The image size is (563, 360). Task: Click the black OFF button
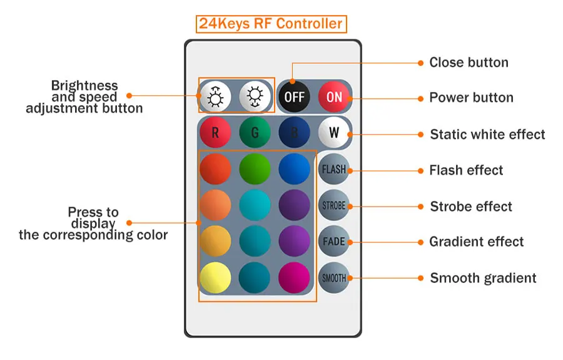[295, 96]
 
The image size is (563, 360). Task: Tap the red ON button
[334, 96]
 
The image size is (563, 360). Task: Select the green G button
[255, 133]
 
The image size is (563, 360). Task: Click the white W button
[334, 133]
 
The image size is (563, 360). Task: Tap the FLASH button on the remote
[334, 169]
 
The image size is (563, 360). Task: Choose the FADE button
[334, 241]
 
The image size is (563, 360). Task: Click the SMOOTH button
[334, 278]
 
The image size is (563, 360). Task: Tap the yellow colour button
[215, 278]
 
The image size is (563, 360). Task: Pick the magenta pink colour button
[295, 278]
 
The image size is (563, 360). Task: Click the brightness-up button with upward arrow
[215, 96]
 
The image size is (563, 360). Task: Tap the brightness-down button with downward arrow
[255, 96]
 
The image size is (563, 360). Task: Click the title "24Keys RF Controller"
[271, 24]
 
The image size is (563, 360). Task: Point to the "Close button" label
[469, 63]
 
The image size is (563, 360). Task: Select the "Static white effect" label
[487, 135]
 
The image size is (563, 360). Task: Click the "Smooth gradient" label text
[484, 278]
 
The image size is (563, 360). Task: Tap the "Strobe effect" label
[471, 207]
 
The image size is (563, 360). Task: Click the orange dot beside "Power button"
[420, 98]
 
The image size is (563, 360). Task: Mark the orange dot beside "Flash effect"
[420, 171]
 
